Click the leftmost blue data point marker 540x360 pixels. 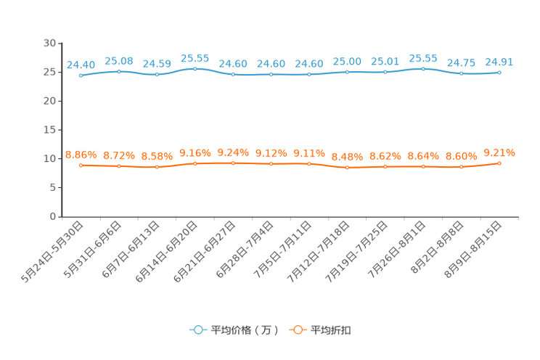[x=80, y=75]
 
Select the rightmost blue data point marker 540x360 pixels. [x=499, y=72]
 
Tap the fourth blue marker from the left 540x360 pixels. [x=195, y=68]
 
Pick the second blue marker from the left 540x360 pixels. [x=118, y=71]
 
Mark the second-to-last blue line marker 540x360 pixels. [x=461, y=73]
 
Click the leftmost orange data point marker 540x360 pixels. [x=81, y=165]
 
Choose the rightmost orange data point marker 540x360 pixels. [x=499, y=163]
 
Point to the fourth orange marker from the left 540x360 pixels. [x=195, y=163]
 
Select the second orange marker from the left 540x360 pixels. [x=118, y=165]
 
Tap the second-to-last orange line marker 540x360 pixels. [x=461, y=166]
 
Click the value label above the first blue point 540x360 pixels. [x=81, y=65]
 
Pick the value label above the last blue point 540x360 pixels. [x=499, y=61]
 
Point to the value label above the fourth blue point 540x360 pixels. [x=195, y=57]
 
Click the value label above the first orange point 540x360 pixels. [x=81, y=154]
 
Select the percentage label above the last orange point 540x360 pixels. [x=499, y=152]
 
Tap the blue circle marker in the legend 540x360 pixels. [x=197, y=330]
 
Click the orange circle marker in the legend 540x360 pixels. [x=296, y=330]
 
